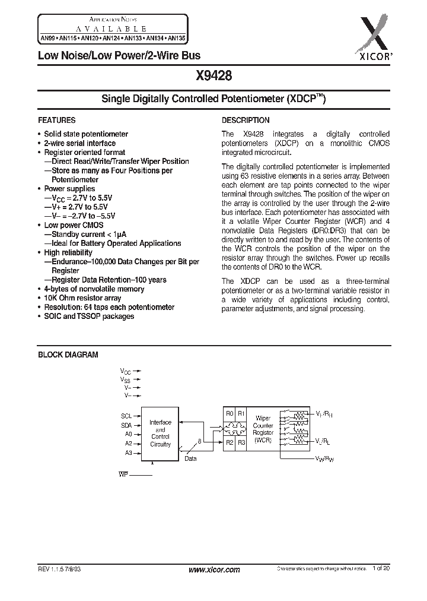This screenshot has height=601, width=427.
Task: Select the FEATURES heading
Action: [x=57, y=120]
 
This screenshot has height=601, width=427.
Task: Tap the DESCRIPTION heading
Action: [x=246, y=120]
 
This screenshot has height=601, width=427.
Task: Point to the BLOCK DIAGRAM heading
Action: [x=68, y=355]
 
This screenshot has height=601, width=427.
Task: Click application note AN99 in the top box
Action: [x=46, y=38]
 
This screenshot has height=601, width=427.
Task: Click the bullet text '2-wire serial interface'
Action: [x=79, y=143]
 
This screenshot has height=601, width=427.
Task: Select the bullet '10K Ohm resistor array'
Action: [x=82, y=298]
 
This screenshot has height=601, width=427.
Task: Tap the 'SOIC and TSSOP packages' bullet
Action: [x=89, y=316]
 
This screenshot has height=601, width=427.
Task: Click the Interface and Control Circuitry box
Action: [x=160, y=434]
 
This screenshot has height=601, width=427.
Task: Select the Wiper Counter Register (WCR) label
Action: [x=263, y=429]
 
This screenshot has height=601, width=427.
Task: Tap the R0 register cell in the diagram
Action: [x=230, y=413]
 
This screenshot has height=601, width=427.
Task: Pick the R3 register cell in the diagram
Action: [x=241, y=442]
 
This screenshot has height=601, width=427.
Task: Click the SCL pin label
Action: [x=126, y=416]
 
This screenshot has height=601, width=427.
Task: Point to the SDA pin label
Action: [x=126, y=425]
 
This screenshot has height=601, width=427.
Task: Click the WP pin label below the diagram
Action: [x=123, y=475]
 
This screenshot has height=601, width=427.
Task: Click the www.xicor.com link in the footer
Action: [x=214, y=570]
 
